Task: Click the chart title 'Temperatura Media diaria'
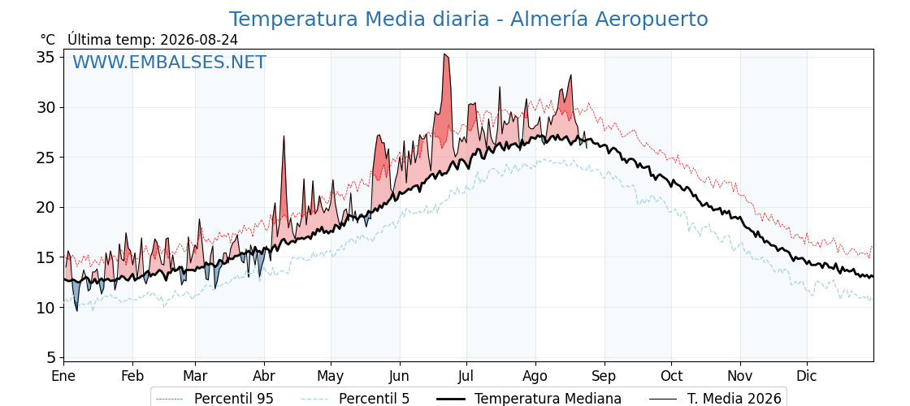[359, 19]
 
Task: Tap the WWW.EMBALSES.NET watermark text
[170, 62]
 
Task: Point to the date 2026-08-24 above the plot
[199, 40]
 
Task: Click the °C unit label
[48, 40]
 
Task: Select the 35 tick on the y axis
[46, 58]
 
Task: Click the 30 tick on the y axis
[46, 107]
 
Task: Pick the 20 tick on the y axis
[46, 207]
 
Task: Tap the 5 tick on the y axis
[51, 357]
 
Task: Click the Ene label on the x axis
[63, 376]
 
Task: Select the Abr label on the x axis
[264, 376]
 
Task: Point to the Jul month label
[466, 376]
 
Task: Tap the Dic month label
[807, 376]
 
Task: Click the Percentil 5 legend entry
[356, 399]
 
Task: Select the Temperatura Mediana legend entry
[527, 399]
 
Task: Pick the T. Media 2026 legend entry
[716, 399]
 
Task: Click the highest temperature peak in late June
[445, 54]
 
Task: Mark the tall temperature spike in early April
[284, 136]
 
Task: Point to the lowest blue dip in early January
[76, 310]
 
